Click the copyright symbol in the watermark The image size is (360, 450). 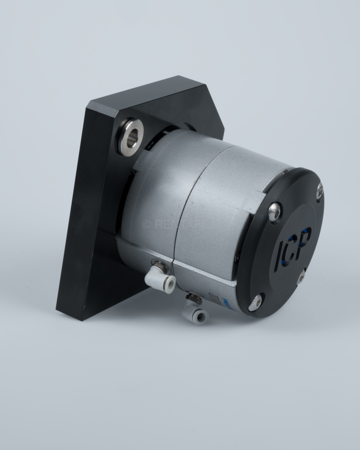point(147,224)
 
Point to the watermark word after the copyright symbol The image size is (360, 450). point(180,224)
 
